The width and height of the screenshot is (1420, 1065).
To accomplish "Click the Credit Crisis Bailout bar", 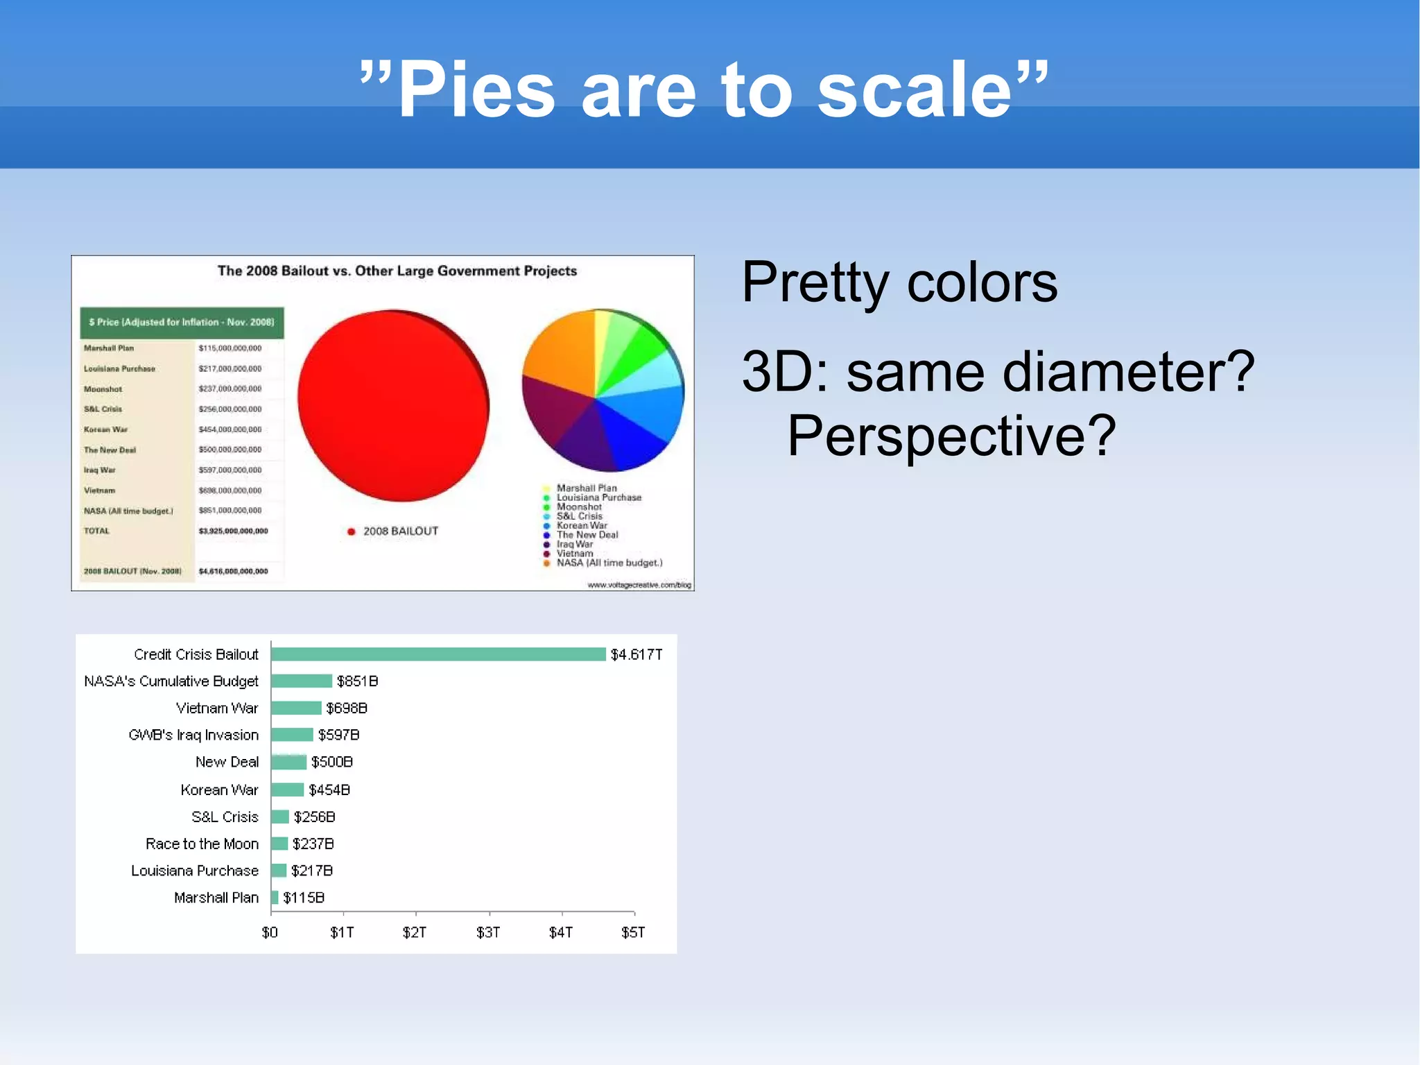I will [x=438, y=654].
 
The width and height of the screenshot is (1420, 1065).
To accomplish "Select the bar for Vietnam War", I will [x=296, y=708].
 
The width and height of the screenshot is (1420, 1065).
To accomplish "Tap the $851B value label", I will [x=357, y=681].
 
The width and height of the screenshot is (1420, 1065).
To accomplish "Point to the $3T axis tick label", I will [x=488, y=932].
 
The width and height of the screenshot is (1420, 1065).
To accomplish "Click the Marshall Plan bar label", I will [x=216, y=898].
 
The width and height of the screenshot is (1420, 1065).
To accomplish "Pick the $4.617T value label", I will [x=636, y=654].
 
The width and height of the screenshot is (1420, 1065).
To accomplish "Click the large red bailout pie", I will [x=392, y=406].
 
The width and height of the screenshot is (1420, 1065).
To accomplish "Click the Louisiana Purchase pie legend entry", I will [x=598, y=497].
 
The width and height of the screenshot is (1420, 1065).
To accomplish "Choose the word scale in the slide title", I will [x=915, y=90].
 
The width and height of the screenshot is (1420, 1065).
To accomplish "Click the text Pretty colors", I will [x=899, y=282].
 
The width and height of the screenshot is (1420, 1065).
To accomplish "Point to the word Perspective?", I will [x=951, y=436].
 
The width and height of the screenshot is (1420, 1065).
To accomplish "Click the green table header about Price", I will [x=182, y=323].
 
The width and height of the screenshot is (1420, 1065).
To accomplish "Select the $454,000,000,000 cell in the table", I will [x=230, y=429].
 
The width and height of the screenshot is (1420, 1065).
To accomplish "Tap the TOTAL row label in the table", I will [x=97, y=531].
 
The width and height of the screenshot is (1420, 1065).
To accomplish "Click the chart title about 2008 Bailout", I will [x=397, y=271].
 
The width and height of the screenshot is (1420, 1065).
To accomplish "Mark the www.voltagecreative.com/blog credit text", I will [x=639, y=585].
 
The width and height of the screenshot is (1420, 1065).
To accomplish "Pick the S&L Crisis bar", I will [x=280, y=817].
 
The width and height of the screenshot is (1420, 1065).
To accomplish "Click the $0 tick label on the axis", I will [x=270, y=932].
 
